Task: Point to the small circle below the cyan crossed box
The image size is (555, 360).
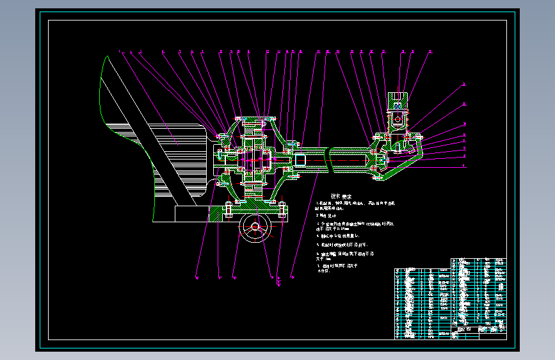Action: click(397, 119)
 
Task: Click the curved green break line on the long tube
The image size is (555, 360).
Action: click(328, 158)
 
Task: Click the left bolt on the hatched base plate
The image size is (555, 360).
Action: click(229, 209)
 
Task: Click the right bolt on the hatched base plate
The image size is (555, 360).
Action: click(281, 209)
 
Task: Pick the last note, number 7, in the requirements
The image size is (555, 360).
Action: click(337, 266)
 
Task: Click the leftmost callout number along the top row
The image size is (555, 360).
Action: click(119, 51)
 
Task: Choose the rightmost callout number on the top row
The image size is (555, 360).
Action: click(430, 51)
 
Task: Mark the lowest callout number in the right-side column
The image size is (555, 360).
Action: click(465, 166)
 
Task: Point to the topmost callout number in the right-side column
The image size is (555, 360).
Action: click(465, 84)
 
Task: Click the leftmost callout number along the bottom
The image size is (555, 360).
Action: click(197, 277)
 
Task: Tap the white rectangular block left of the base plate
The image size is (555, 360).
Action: click(186, 213)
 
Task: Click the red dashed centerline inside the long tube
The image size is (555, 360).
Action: click(346, 160)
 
